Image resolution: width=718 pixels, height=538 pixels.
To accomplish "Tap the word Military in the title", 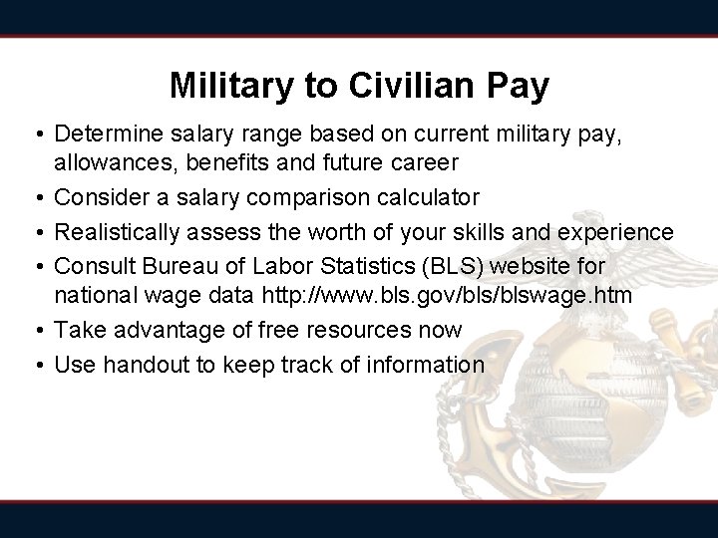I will click(232, 86).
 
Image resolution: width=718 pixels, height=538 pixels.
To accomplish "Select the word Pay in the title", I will click(517, 86).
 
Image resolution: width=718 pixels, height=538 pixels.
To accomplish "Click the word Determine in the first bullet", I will click(105, 134).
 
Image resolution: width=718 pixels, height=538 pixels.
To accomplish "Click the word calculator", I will click(427, 198).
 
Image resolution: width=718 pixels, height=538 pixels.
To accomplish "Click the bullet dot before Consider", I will click(36, 198).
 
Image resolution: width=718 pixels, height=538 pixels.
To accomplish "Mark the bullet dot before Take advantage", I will click(36, 330).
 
